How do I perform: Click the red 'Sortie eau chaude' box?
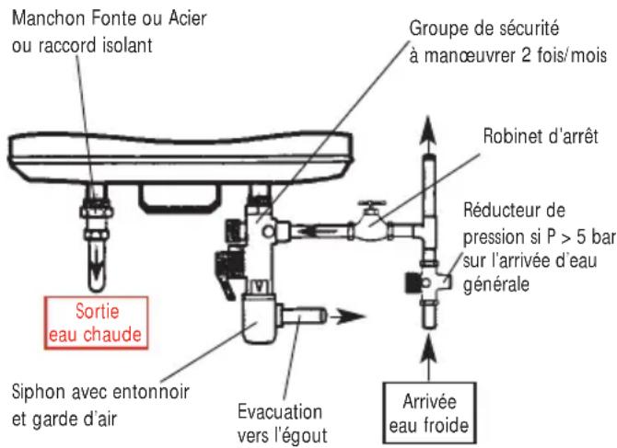(x=95, y=321)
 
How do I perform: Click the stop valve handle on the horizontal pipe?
(x=372, y=201)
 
